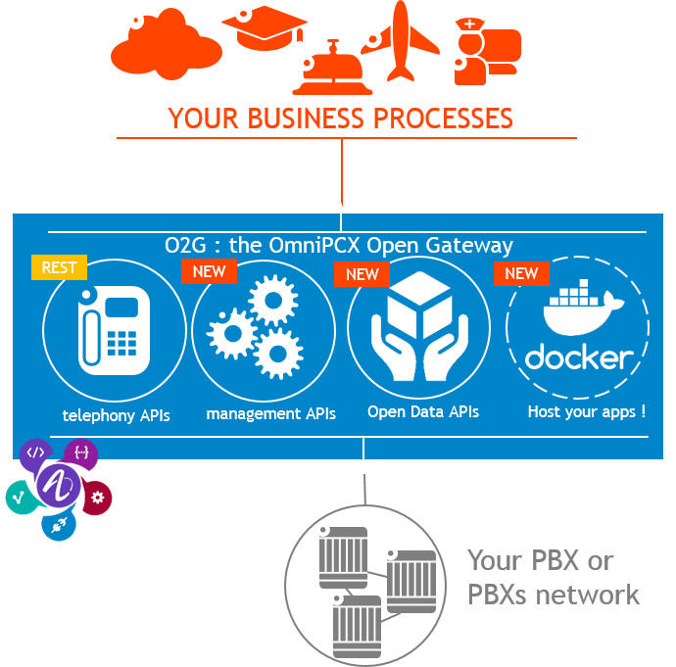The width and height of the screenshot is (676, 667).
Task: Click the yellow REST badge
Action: pyautogui.click(x=59, y=265)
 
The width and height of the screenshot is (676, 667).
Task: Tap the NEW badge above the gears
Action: pyautogui.click(x=209, y=271)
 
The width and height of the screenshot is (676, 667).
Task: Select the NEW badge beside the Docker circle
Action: pyautogui.click(x=521, y=273)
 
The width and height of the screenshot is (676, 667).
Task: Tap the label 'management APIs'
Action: pyautogui.click(x=270, y=414)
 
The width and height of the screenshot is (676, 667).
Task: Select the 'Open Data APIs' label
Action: pyautogui.click(x=423, y=412)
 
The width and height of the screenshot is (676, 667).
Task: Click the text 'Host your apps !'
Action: pyautogui.click(x=586, y=412)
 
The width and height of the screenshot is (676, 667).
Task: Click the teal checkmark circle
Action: pyautogui.click(x=19, y=497)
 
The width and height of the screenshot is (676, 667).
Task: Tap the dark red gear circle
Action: pyautogui.click(x=97, y=498)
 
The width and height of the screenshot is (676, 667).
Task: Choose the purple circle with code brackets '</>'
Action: pyautogui.click(x=35, y=453)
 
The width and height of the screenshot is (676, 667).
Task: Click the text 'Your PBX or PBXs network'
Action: pyautogui.click(x=553, y=577)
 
